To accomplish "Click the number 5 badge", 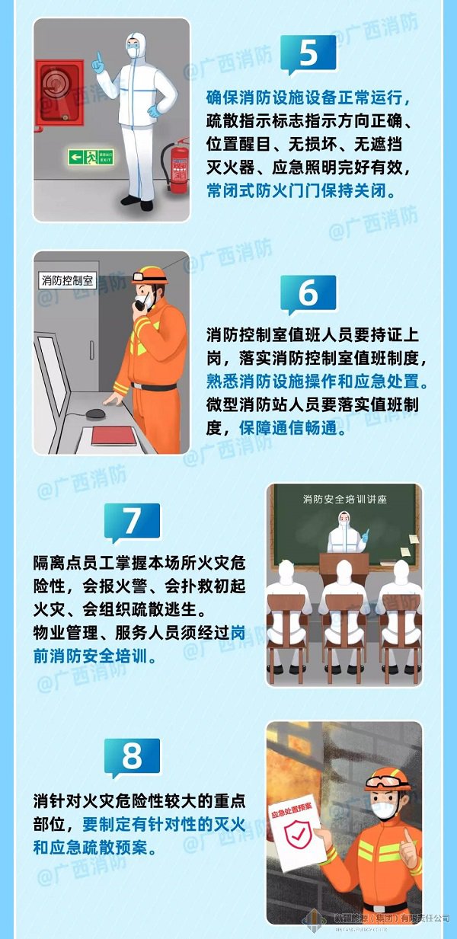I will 308,54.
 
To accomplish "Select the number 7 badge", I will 132,522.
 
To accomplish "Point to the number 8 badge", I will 132,757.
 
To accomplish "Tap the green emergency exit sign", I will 90,158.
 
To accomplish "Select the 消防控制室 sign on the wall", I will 66,280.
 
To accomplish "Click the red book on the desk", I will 113,436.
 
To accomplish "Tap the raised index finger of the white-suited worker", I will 97,60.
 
